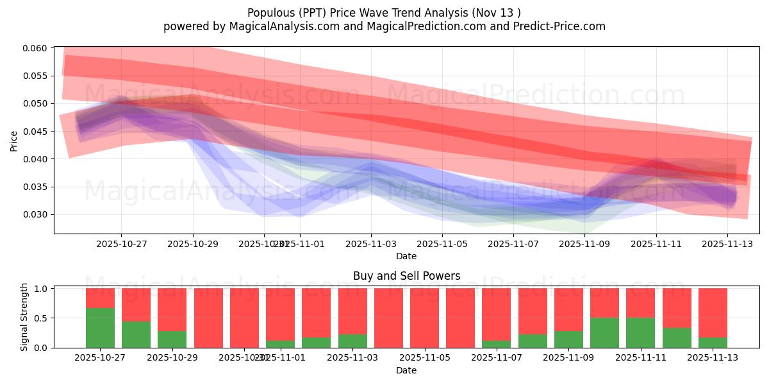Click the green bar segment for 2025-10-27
point(100,328)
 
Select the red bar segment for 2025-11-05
point(424,318)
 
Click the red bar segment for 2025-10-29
point(172,309)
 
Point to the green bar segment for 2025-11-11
point(641,332)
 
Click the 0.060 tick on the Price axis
point(38,48)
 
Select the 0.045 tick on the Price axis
point(38,132)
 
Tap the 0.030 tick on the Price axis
point(38,215)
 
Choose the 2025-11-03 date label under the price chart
point(370,244)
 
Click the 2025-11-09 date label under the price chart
point(584,244)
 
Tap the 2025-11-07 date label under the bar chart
point(497,357)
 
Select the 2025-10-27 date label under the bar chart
point(100,357)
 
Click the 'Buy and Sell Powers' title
point(406,277)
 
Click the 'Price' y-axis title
point(14,140)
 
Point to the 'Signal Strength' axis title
point(24,316)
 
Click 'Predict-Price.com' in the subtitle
point(558,26)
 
